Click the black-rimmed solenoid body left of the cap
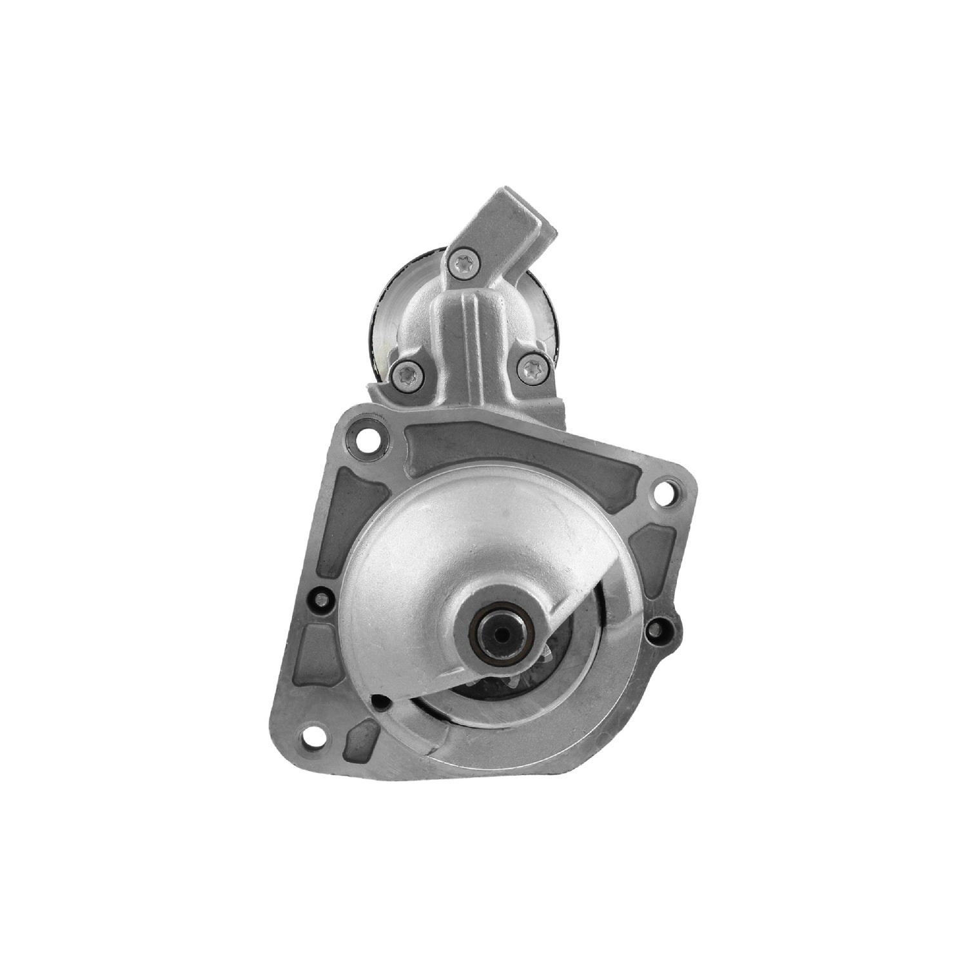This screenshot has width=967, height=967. [x=387, y=309]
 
